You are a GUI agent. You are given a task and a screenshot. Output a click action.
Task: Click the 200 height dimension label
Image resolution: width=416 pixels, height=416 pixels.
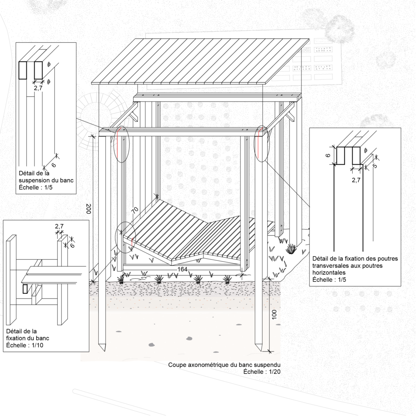point(89,208)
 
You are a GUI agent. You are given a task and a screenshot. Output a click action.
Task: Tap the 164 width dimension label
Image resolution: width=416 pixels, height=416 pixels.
point(182,269)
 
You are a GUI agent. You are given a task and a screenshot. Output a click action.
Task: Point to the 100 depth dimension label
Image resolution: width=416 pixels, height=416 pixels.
point(274,314)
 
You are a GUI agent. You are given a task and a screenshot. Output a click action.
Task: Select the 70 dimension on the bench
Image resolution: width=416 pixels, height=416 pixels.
point(135,210)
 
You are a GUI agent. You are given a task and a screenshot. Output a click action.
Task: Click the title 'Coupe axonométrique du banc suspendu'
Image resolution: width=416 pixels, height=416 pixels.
point(224,365)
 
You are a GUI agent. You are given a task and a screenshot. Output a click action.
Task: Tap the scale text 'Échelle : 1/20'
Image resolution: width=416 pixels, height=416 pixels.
point(262,372)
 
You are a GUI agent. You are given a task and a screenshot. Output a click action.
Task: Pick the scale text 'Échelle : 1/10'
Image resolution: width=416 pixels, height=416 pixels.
point(25,345)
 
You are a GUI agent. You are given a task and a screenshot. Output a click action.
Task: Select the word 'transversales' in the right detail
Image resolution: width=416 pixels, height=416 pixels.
point(330,266)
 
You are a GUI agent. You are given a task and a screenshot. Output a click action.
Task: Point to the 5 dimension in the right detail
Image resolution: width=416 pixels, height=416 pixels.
point(375,166)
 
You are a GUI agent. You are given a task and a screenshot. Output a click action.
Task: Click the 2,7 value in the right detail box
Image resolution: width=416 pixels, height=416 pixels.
point(356,180)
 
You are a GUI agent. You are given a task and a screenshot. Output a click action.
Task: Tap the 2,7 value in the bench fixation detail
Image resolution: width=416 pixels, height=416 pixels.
point(59,226)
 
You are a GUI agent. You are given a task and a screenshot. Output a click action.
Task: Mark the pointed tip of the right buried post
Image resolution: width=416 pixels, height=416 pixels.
point(259,351)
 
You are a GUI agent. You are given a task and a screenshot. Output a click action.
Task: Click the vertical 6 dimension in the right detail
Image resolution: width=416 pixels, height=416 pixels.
point(328,155)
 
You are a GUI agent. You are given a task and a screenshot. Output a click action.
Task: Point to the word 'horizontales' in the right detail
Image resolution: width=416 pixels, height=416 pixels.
point(329,273)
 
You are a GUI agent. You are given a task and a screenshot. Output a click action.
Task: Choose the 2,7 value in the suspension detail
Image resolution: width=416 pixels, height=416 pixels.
point(38,88)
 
